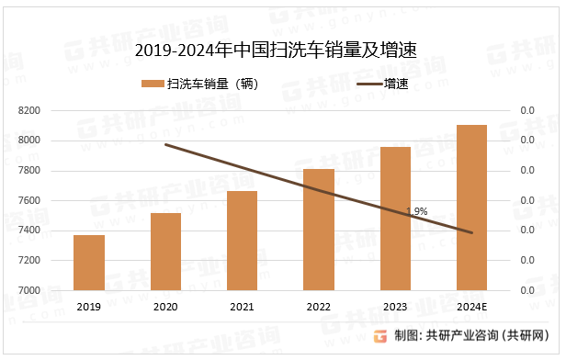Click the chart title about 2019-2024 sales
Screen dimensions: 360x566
coord(276,51)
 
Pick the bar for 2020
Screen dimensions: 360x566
coord(165,252)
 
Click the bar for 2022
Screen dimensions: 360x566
coord(319,230)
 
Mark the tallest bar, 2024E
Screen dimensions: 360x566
coord(471,208)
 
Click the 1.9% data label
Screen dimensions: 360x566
coord(416,211)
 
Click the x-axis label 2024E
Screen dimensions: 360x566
coord(471,307)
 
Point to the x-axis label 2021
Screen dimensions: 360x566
coord(243,307)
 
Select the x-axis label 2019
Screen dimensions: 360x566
coord(89,307)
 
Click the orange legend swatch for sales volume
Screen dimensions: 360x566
coord(153,84)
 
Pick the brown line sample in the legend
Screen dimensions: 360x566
coord(367,84)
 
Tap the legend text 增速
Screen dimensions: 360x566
coord(397,84)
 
